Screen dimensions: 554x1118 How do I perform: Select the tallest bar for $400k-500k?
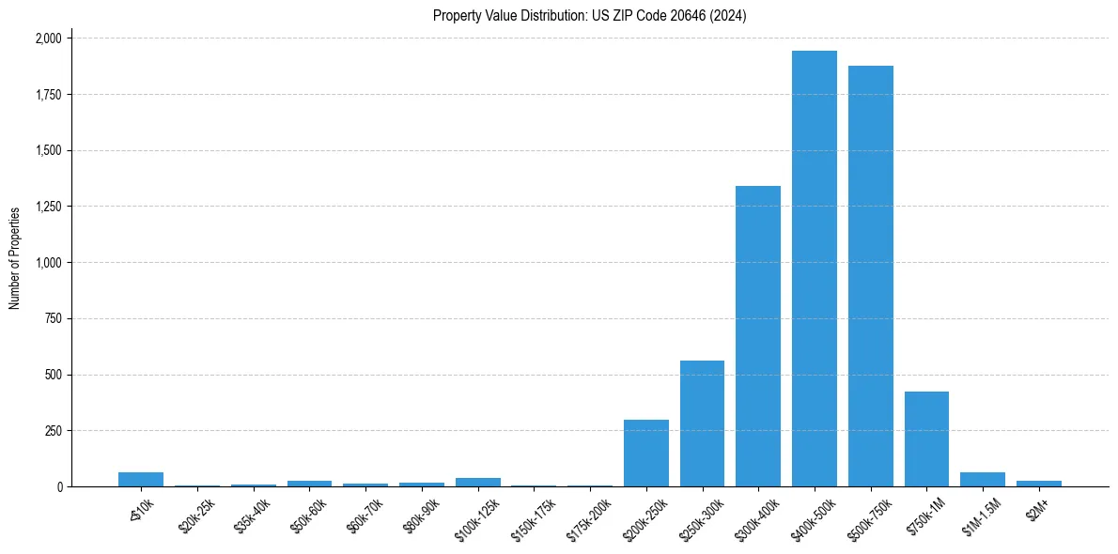pyautogui.click(x=814, y=269)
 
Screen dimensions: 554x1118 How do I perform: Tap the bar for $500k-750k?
pyautogui.click(x=870, y=276)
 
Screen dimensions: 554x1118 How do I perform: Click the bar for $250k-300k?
pyautogui.click(x=702, y=423)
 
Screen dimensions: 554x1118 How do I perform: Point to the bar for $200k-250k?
pyautogui.click(x=645, y=453)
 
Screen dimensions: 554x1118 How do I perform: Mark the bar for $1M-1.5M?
pyautogui.click(x=983, y=479)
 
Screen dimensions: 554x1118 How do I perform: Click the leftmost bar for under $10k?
pyautogui.click(x=140, y=479)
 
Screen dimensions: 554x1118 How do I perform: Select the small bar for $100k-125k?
pyautogui.click(x=477, y=482)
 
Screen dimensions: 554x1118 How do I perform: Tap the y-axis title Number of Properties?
pyautogui.click(x=15, y=258)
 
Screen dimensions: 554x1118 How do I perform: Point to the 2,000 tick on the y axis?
pyautogui.click(x=48, y=38)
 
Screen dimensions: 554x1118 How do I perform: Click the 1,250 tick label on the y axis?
pyautogui.click(x=48, y=207)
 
